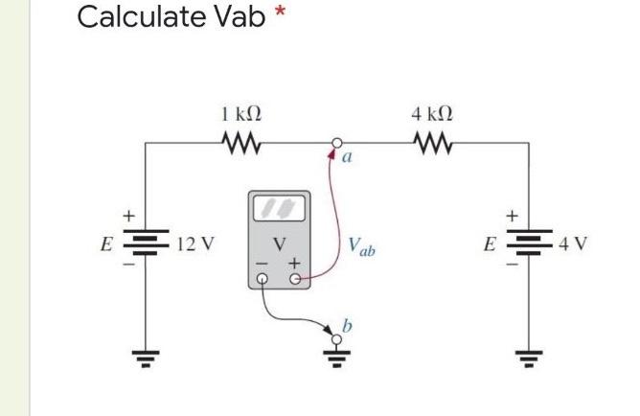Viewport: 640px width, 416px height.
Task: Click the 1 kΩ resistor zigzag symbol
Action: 240,143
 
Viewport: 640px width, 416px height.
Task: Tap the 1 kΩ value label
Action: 240,114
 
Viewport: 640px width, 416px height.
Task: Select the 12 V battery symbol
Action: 146,242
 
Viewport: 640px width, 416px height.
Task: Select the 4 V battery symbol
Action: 528,242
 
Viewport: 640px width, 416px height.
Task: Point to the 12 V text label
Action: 196,243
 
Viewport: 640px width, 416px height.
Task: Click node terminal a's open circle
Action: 336,144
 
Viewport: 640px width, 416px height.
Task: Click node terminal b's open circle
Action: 336,339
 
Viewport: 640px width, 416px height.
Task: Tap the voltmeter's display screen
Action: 279,208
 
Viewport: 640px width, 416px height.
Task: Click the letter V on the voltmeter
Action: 279,243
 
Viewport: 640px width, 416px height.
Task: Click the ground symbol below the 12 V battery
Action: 146,361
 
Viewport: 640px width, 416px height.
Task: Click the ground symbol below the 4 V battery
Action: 528,361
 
